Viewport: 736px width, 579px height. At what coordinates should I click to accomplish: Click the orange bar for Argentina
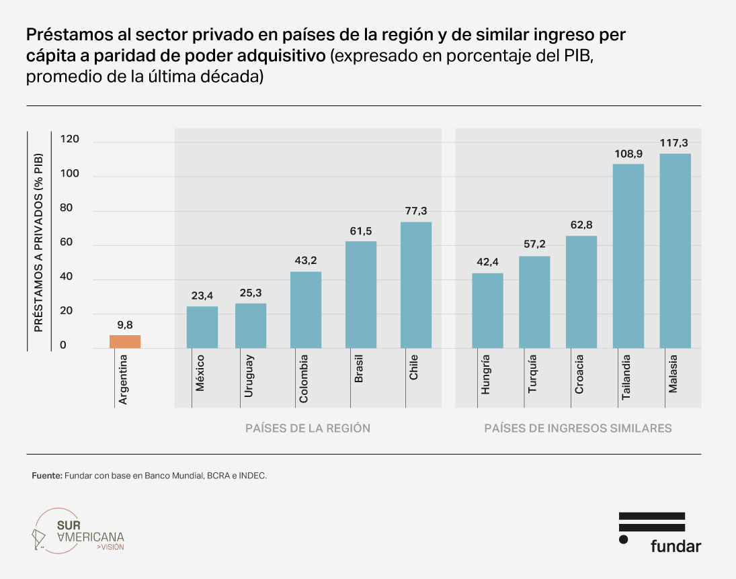125,341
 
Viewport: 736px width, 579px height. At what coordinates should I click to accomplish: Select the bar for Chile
416,285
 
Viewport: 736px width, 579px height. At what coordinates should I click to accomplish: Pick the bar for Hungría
487,310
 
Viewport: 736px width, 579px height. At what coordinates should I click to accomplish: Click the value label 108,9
628,153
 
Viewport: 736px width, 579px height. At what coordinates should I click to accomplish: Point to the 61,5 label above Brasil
361,230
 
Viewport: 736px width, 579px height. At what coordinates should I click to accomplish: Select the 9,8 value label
125,325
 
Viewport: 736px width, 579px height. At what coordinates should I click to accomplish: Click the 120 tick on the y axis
70,140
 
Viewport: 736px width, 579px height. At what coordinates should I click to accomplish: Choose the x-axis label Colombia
304,379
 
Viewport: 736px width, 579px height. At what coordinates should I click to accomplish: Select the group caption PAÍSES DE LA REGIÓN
308,428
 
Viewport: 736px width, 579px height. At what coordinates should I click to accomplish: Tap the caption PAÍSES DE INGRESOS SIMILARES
577,428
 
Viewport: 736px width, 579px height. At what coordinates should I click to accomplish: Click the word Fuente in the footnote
46,476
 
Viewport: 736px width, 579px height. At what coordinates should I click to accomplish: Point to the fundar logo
659,532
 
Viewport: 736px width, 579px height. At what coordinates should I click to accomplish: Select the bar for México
202,327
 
